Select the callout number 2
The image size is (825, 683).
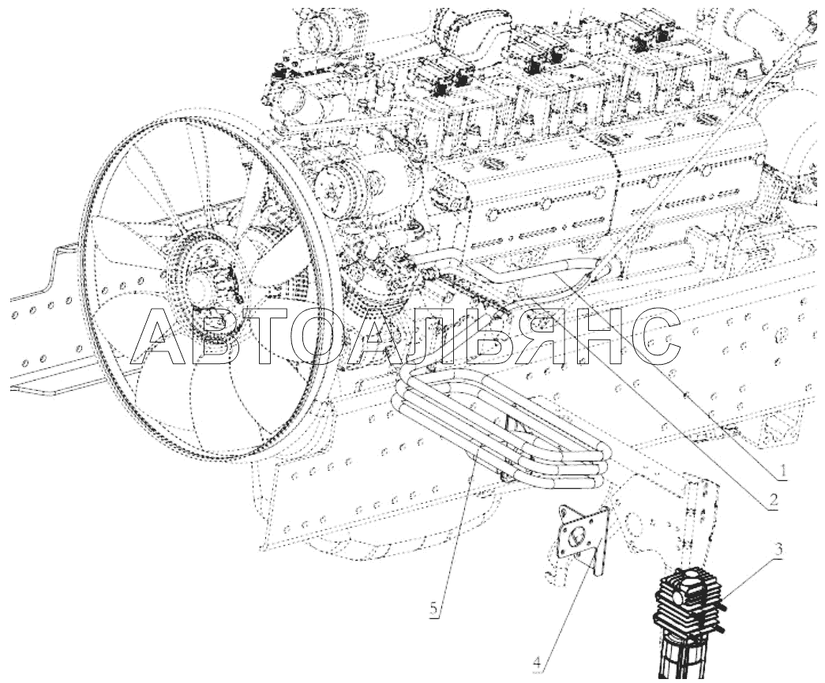click(773, 499)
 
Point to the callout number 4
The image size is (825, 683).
click(538, 662)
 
